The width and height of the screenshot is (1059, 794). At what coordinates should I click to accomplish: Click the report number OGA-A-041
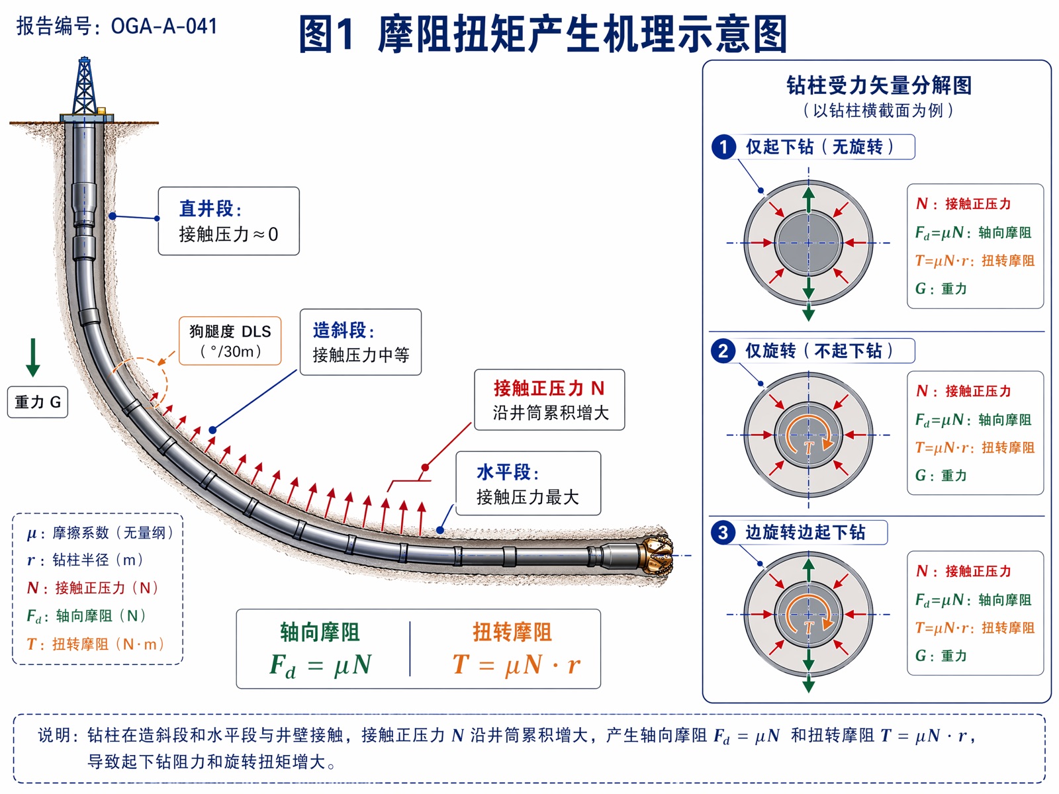coord(164,26)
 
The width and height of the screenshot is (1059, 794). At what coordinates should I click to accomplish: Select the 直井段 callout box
coord(229,221)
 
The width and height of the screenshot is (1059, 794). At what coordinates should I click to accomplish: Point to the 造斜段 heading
coord(344,330)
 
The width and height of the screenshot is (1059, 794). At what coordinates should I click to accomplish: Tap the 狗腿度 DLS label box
coord(230,340)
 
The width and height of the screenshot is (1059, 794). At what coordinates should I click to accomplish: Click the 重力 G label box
coord(38,402)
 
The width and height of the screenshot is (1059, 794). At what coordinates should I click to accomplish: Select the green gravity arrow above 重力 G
coord(33,357)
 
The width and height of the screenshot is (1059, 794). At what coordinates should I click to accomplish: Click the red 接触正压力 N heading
coord(549,388)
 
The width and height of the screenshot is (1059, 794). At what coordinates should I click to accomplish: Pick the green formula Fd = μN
coord(321,665)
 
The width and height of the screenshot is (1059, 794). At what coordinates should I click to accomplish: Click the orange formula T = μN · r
coord(516,664)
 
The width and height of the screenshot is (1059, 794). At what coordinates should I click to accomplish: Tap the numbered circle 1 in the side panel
coord(723,147)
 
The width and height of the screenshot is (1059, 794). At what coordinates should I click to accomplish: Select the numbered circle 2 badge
coord(723,351)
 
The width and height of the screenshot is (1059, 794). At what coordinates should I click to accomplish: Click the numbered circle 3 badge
coord(723,533)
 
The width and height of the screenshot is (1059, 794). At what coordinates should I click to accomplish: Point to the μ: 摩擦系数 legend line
coord(101,533)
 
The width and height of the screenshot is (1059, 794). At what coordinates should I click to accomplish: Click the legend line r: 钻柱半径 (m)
coord(86,560)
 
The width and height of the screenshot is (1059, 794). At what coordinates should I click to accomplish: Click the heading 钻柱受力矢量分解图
coord(879,85)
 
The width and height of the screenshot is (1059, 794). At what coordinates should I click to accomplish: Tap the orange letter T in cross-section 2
coord(809,447)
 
